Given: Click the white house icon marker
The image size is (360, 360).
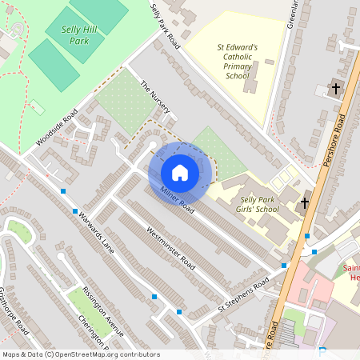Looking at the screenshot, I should point(180,172).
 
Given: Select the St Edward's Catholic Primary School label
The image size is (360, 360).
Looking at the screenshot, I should point(238,62).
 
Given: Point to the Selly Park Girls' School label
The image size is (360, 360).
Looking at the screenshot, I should point(259,204).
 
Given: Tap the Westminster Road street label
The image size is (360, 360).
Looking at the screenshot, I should point(170,247).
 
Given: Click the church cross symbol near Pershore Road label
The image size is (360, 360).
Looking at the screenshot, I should point(336,88).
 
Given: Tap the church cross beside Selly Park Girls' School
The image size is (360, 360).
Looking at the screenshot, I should point(304,204).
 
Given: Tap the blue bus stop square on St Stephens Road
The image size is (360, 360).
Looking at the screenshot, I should point(284,266).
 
